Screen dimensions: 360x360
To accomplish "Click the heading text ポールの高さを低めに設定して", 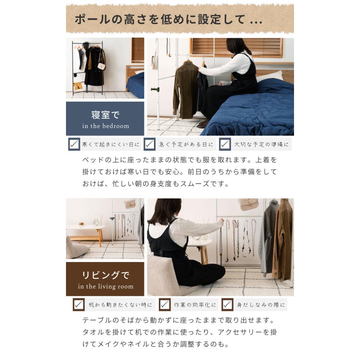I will point(168,20).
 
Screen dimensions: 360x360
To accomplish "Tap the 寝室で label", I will point(105,115).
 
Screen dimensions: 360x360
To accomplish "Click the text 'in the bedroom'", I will point(106,126).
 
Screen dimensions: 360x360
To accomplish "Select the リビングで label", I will point(106,275).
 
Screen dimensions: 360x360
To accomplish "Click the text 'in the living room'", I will point(106,286).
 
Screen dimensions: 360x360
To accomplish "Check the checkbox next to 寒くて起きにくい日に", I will point(74,144).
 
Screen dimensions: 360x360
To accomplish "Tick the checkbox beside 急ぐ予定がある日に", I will point(150,144).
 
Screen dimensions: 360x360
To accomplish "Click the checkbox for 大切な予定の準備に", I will point(225,144).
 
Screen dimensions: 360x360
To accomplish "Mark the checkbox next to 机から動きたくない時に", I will point(79,305).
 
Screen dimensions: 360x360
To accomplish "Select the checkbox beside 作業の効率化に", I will point(165,305).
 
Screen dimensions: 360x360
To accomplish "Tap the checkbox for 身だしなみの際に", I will point(227,305).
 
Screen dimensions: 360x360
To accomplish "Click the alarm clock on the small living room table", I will point(96,222).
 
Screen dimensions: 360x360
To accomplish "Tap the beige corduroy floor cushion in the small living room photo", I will point(76,248).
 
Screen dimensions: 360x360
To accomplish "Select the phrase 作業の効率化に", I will point(195,305).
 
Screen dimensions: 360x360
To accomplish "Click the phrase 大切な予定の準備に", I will point(261,144).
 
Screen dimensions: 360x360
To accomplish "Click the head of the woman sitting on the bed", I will point(238,46).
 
